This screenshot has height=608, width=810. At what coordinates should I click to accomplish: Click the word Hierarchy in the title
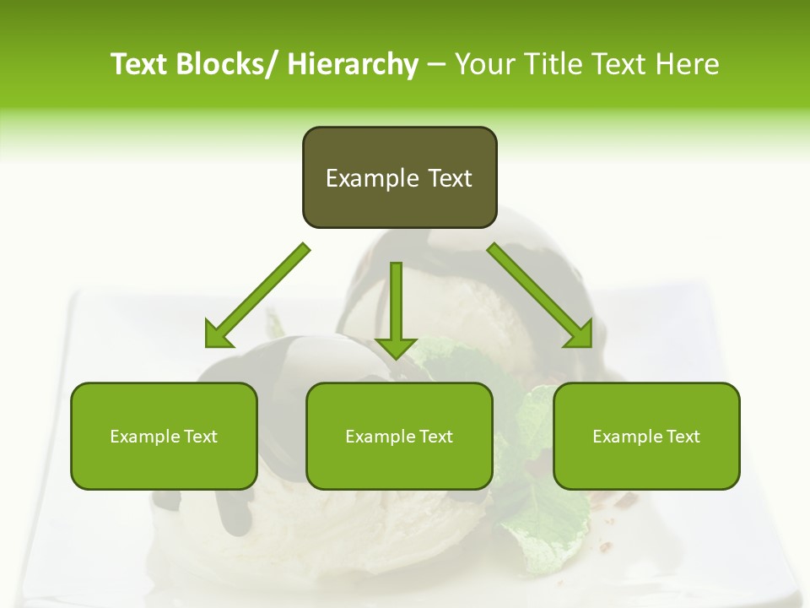coord(353,64)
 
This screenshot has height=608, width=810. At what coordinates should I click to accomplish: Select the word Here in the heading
coord(688,64)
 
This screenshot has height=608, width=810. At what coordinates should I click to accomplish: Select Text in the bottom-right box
coord(683,437)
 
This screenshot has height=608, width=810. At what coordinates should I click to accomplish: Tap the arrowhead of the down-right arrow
coord(579,334)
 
